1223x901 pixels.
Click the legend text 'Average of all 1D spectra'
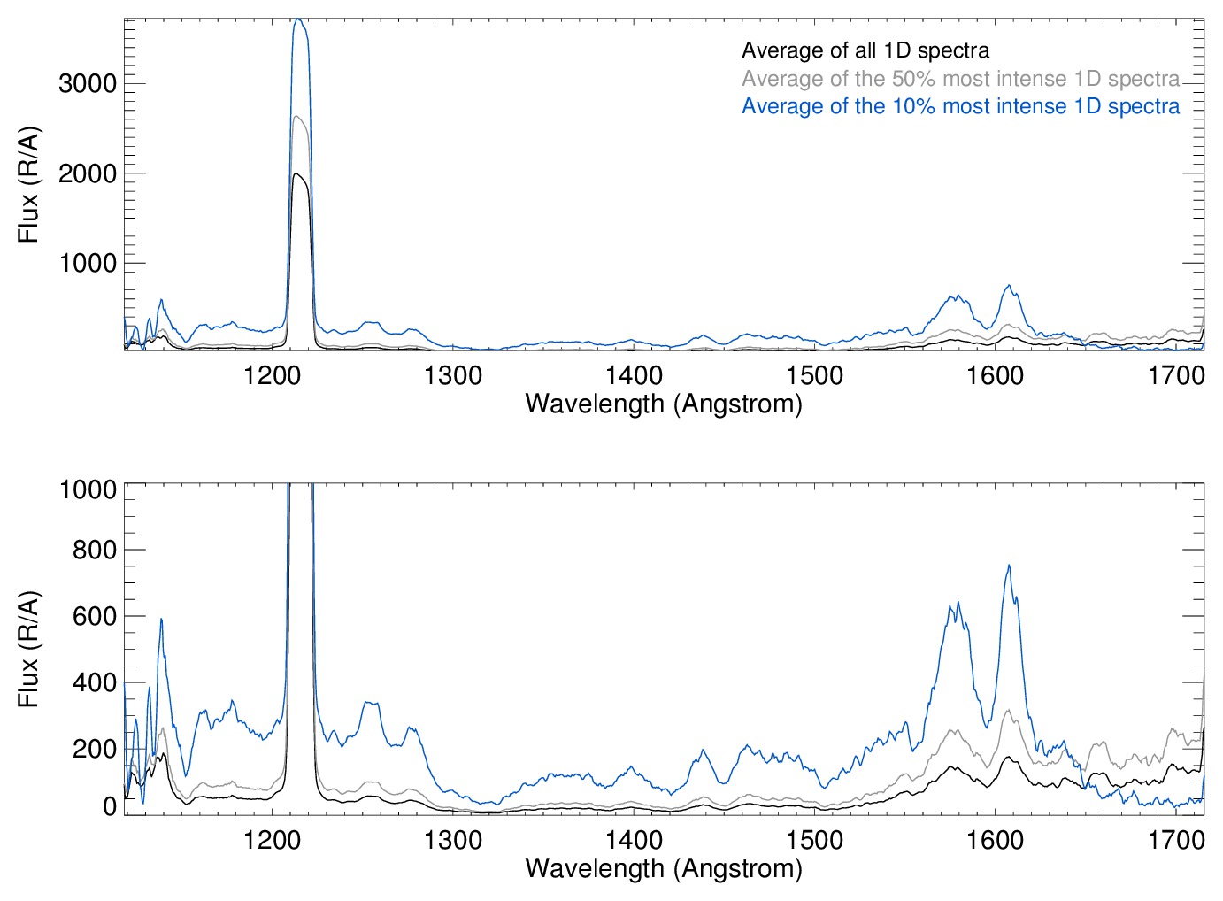point(865,50)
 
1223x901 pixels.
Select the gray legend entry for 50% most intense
point(960,79)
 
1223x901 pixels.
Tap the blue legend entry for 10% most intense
point(960,106)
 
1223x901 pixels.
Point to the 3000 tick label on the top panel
point(88,84)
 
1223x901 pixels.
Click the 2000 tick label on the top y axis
point(88,174)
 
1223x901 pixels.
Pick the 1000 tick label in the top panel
point(88,264)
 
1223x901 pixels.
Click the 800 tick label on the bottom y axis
point(95,551)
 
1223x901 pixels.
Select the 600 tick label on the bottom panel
point(95,617)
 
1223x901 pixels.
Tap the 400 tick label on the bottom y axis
point(95,683)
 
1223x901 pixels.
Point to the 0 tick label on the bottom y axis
point(110,806)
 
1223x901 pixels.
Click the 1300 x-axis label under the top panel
point(453,376)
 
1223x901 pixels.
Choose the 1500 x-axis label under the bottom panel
point(814,840)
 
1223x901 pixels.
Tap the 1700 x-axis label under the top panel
point(1176,376)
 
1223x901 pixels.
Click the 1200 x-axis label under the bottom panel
point(273,840)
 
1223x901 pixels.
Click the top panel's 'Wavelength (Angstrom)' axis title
point(664,404)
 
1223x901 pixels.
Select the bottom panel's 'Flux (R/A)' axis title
point(28,650)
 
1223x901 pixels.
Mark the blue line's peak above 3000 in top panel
point(299,19)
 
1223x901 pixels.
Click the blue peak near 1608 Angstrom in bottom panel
point(1009,566)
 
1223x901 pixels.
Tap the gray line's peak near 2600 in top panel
point(298,117)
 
